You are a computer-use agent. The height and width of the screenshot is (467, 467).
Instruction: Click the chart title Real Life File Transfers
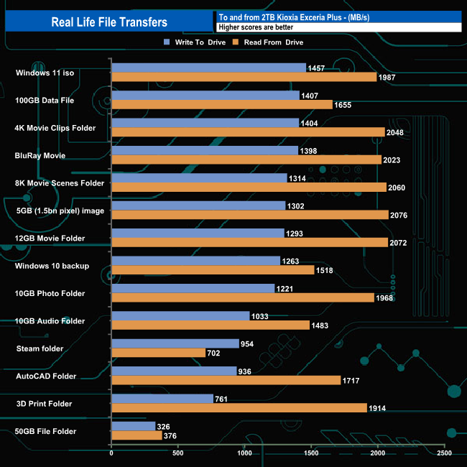pos(109,22)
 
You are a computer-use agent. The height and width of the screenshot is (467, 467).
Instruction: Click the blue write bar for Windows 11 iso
pos(208,68)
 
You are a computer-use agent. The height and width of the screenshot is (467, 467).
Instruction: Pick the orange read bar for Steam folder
pos(158,353)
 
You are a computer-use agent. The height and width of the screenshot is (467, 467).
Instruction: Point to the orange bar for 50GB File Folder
pos(137,435)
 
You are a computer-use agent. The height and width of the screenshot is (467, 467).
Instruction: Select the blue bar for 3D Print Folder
pos(162,399)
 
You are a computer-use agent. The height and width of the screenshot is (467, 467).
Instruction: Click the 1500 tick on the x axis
pos(311,453)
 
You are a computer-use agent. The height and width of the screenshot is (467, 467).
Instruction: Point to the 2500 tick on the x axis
pos(444,453)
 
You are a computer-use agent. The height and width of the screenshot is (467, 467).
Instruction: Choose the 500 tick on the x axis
pos(178,453)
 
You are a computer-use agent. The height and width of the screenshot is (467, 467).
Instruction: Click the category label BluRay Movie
pos(40,155)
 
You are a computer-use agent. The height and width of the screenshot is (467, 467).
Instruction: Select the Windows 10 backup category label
pos(52,266)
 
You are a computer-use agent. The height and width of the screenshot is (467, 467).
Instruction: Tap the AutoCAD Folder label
pos(46,376)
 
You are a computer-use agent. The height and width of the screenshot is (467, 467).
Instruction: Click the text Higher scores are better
pos(256,27)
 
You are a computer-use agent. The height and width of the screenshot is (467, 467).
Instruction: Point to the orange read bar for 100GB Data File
pos(222,105)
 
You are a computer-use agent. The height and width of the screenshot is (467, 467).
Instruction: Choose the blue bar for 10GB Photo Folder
pos(193,288)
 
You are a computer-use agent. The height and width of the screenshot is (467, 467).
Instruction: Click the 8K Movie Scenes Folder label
pos(60,183)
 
